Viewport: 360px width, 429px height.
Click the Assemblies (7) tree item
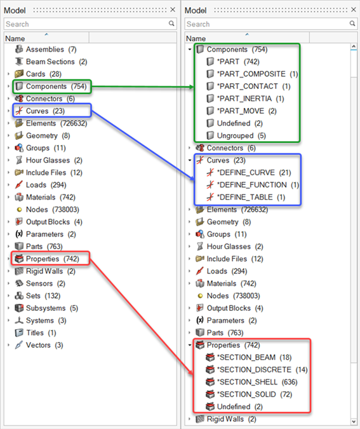[x=51, y=50]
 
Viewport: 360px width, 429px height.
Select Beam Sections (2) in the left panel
[x=57, y=62]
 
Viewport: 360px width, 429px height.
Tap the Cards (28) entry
[x=43, y=74]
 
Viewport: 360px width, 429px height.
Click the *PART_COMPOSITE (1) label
[x=257, y=74]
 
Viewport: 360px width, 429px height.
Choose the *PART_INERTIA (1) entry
[x=250, y=99]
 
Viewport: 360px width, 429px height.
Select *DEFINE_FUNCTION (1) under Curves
[x=258, y=185]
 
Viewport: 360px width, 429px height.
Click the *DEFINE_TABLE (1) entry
[x=251, y=197]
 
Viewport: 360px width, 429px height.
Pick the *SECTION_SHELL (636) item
[x=257, y=382]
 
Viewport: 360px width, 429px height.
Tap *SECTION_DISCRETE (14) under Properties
[x=262, y=370]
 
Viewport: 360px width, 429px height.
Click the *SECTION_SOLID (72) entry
[x=254, y=394]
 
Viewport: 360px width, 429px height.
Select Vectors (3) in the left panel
[x=44, y=345]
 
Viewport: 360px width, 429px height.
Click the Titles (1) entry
[x=41, y=332]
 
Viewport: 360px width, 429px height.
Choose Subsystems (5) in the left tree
[x=52, y=308]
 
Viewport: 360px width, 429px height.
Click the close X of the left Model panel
[x=173, y=10]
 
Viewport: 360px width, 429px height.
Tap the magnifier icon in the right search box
[x=352, y=24]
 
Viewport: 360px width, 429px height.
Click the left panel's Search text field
[x=86, y=24]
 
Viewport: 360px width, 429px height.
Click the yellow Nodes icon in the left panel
[x=19, y=210]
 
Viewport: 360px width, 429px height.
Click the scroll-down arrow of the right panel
[x=354, y=422]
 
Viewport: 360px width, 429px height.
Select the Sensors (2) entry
[x=45, y=283]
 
